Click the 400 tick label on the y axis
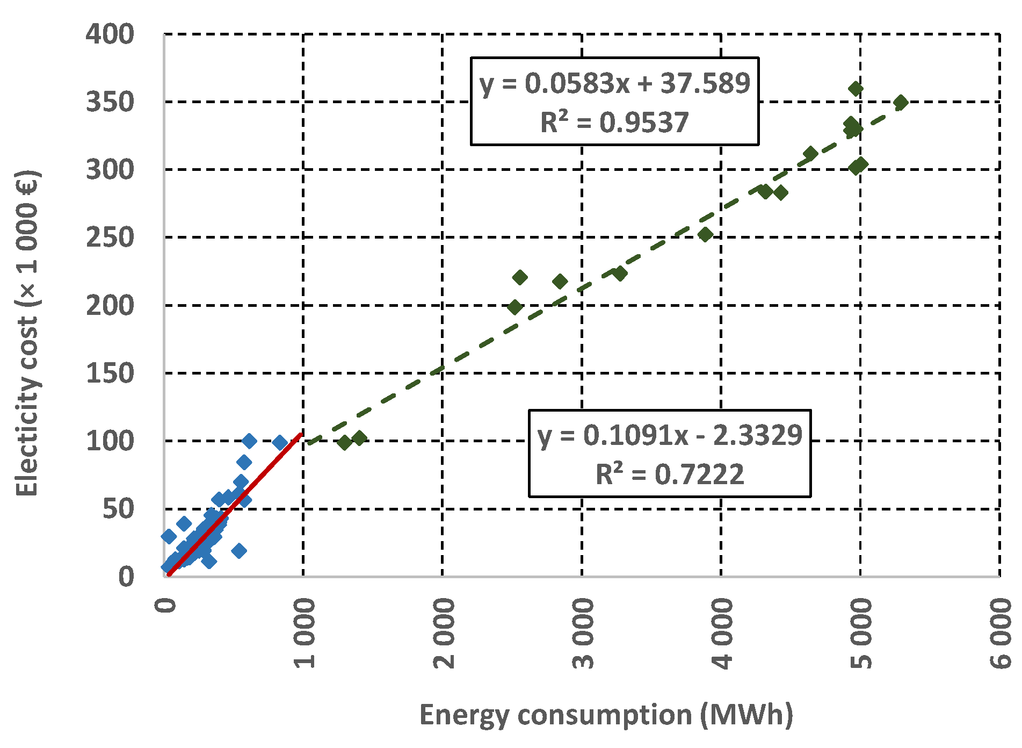click(x=110, y=34)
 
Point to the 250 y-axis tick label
click(x=110, y=238)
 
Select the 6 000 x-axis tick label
click(x=1000, y=634)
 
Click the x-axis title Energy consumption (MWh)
click(x=606, y=715)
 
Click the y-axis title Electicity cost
click(x=27, y=333)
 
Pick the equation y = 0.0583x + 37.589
click(x=614, y=83)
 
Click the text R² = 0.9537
click(x=614, y=122)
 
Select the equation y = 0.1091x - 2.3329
click(x=670, y=435)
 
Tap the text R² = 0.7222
click(x=670, y=474)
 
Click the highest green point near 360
click(x=856, y=89)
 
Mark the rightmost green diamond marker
click(x=901, y=102)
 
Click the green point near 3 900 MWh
click(x=705, y=234)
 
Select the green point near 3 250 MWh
click(x=620, y=274)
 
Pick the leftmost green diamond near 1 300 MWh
click(x=345, y=442)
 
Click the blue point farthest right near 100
click(x=280, y=442)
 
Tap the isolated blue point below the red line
click(x=239, y=550)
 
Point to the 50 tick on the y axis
click(x=118, y=509)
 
